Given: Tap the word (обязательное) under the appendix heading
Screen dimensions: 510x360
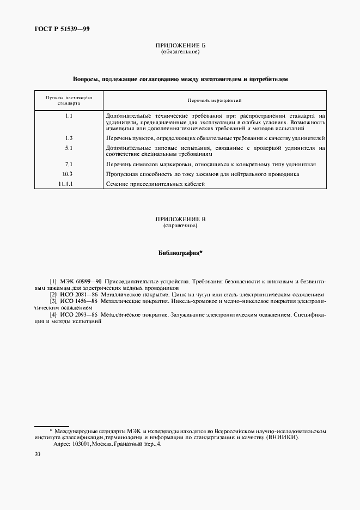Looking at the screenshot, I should (180, 53).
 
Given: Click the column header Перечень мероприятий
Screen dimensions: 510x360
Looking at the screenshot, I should (215, 101).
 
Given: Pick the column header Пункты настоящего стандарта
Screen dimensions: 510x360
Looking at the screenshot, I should (69, 100).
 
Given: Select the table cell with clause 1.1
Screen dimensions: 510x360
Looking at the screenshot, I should (69, 116).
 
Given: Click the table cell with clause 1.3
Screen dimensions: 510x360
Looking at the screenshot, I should (69, 138).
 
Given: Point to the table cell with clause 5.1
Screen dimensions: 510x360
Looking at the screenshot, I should (69, 148).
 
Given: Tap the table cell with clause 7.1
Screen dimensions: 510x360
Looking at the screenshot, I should (69, 164).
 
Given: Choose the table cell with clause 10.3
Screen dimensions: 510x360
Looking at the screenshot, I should (69, 174).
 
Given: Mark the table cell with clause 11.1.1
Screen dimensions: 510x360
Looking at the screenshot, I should (69, 184).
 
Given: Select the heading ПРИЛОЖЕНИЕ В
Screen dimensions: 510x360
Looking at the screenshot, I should (180, 219).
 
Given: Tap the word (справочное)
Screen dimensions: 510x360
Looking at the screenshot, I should (180, 225).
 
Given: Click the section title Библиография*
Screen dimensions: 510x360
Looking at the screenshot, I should (180, 253).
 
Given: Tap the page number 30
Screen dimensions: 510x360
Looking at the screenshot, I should (37, 455).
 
